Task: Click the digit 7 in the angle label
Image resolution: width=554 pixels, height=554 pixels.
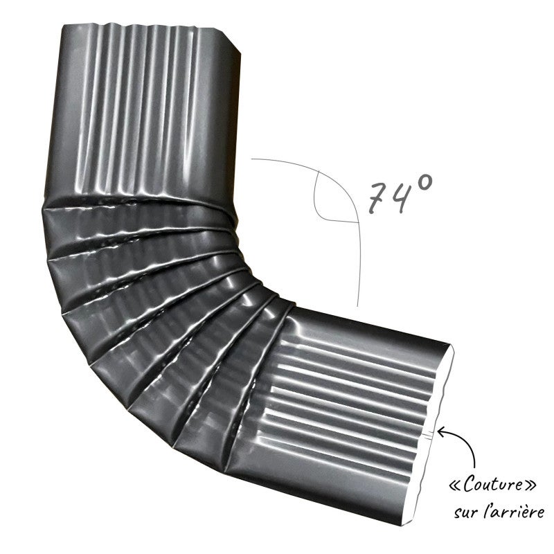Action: tap(377, 197)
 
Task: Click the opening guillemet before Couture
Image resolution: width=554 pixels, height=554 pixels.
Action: tap(456, 486)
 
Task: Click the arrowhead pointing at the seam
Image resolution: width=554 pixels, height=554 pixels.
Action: tap(443, 431)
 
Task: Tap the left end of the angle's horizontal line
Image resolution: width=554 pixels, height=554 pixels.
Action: tap(251, 159)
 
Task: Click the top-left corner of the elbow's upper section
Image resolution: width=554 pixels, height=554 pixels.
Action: tap(63, 26)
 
